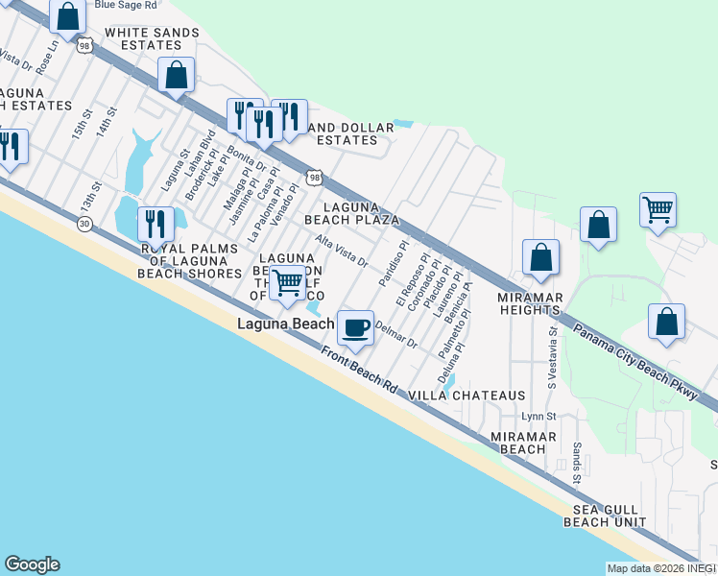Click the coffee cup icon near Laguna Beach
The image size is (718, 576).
(355, 327)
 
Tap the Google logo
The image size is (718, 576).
(32, 564)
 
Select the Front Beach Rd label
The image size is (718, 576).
(359, 370)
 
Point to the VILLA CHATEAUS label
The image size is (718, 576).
(467, 396)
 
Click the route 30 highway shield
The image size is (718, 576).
(84, 223)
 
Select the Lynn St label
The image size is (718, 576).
(538, 416)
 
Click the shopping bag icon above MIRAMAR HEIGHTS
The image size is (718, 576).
(540, 257)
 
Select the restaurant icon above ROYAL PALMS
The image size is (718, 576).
(155, 224)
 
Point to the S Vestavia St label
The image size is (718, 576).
(553, 354)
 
